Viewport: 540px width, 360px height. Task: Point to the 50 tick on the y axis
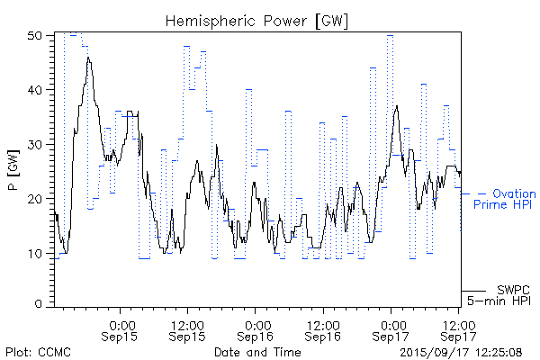(x=35, y=35)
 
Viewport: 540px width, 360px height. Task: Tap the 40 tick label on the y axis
(x=35, y=90)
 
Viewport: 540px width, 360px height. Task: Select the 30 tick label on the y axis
(x=35, y=144)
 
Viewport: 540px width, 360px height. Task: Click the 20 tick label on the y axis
(x=35, y=198)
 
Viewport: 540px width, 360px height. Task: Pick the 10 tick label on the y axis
(x=35, y=252)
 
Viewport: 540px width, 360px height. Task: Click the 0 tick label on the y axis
(x=39, y=305)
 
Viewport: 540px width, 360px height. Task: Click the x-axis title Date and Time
(x=257, y=351)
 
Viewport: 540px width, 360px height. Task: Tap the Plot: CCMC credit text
(x=38, y=351)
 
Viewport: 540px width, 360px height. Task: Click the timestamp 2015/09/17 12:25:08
(x=460, y=351)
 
